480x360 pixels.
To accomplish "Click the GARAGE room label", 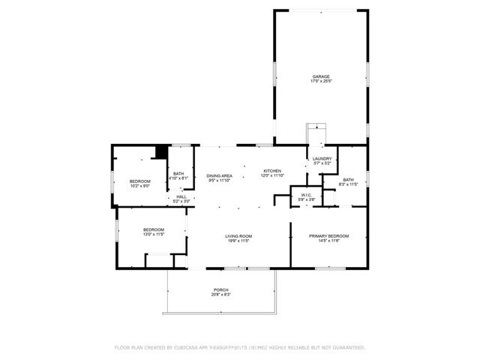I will tap(321, 76).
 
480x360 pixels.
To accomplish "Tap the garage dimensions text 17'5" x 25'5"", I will tap(321, 81).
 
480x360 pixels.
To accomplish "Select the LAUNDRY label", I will tap(322, 159).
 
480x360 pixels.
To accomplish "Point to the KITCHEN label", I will tap(272, 171).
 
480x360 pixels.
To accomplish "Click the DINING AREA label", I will tap(220, 175).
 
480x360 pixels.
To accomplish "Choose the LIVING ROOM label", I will tap(239, 236).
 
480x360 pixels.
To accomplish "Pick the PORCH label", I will tap(220, 290).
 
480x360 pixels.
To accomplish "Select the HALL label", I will tap(181, 196).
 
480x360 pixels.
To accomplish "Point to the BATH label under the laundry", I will tap(348, 180).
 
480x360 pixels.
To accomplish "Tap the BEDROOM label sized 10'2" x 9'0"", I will tap(139, 181).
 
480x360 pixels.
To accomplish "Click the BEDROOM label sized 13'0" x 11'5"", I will tap(153, 229).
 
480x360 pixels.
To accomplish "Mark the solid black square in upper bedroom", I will tap(160, 152).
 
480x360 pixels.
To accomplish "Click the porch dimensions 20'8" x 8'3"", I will tap(220, 295).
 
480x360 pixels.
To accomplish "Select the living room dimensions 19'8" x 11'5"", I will tap(239, 241).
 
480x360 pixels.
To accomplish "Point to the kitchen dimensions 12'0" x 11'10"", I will tap(272, 175).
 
